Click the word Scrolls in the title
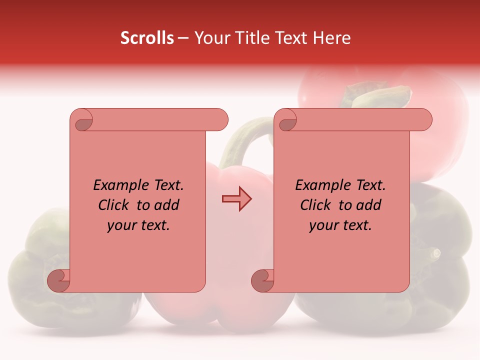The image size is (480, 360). [x=147, y=38]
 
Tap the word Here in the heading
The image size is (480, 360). [x=331, y=38]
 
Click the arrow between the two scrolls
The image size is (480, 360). [x=236, y=198]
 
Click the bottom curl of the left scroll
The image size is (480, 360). [x=59, y=280]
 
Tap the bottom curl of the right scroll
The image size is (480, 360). [x=263, y=280]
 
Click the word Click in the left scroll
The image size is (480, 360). [x=113, y=205]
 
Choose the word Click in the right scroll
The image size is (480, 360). [x=315, y=205]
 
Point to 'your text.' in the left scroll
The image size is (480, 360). [x=138, y=225]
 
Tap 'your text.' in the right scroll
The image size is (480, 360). [x=340, y=225]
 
